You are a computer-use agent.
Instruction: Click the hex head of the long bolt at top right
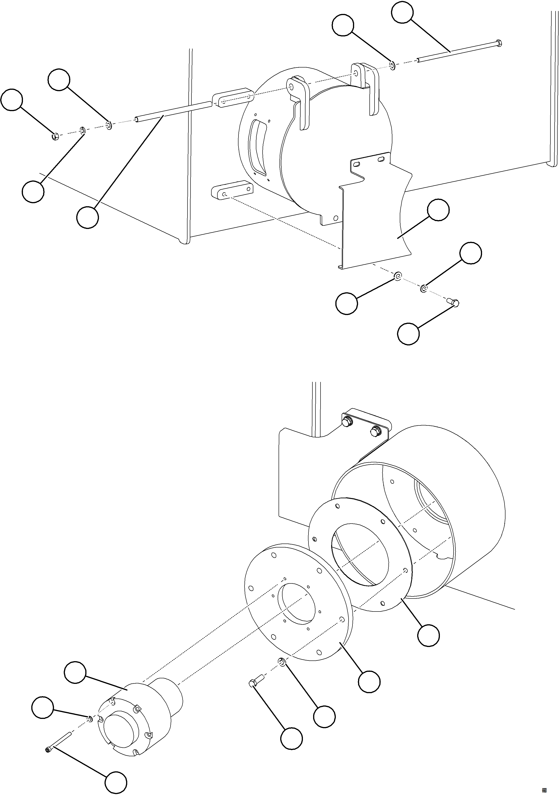click(499, 43)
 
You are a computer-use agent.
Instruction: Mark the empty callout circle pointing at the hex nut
click(12, 100)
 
